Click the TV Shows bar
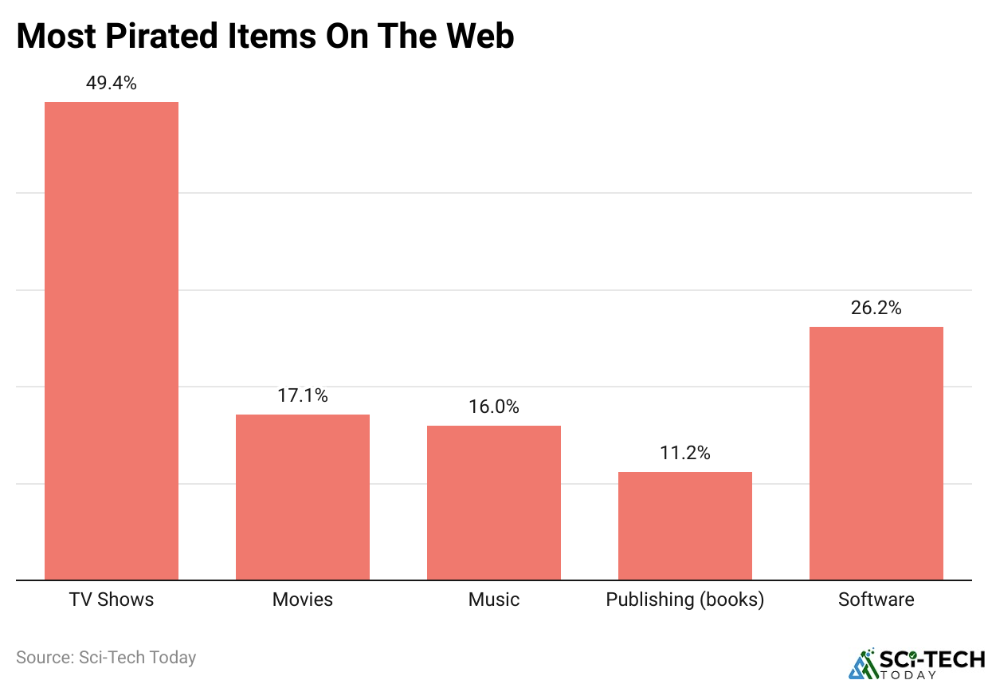click(x=112, y=340)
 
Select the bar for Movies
click(x=303, y=497)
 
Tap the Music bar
click(x=494, y=502)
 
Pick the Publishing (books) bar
click(x=685, y=525)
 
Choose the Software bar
click(x=876, y=453)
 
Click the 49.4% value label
click(x=112, y=83)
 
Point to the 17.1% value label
click(x=303, y=395)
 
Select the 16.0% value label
click(x=494, y=407)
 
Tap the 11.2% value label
click(x=685, y=453)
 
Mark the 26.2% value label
click(x=876, y=308)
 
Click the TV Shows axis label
click(x=112, y=599)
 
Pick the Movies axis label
click(x=303, y=599)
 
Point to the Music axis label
click(x=494, y=599)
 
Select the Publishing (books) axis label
click(x=685, y=599)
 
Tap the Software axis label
click(x=876, y=599)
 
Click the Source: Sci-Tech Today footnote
click(x=106, y=658)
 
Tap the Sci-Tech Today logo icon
click(x=861, y=664)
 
